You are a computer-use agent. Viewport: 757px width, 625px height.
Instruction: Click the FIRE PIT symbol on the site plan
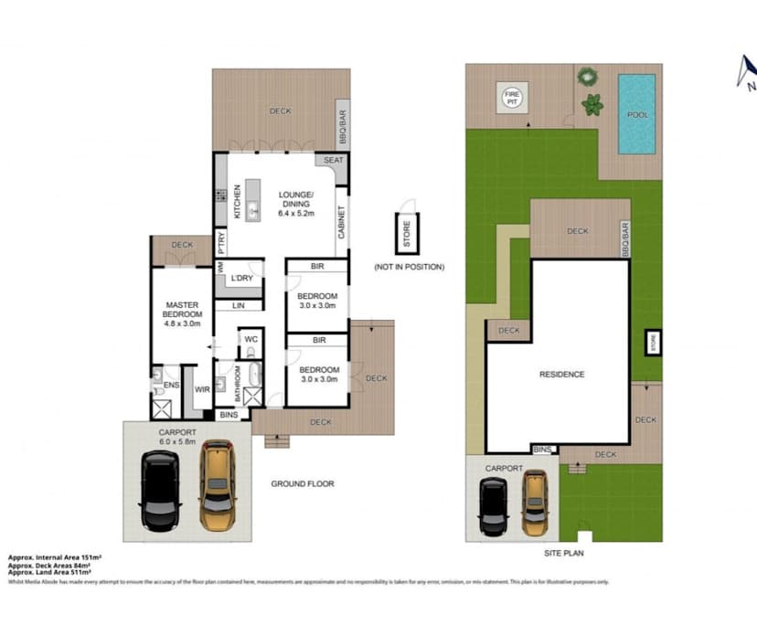pos(512,98)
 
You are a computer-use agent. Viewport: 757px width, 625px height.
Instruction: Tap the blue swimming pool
pos(636,114)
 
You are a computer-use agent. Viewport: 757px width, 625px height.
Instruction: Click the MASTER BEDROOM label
pos(182,310)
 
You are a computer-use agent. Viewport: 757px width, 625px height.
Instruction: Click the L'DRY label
pos(241,278)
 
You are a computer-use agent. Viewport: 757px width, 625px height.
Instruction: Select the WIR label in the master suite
pos(202,389)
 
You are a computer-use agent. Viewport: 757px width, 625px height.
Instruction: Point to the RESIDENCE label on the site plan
pos(561,374)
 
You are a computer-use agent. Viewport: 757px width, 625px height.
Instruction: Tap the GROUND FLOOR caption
pos(302,483)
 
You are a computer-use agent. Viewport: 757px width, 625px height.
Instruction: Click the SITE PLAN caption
pos(563,553)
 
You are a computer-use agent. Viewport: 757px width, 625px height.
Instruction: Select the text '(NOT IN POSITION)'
pos(409,267)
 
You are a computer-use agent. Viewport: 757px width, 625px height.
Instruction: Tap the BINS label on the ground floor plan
pos(228,415)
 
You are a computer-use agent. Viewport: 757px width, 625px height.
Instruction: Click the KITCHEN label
pos(236,202)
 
